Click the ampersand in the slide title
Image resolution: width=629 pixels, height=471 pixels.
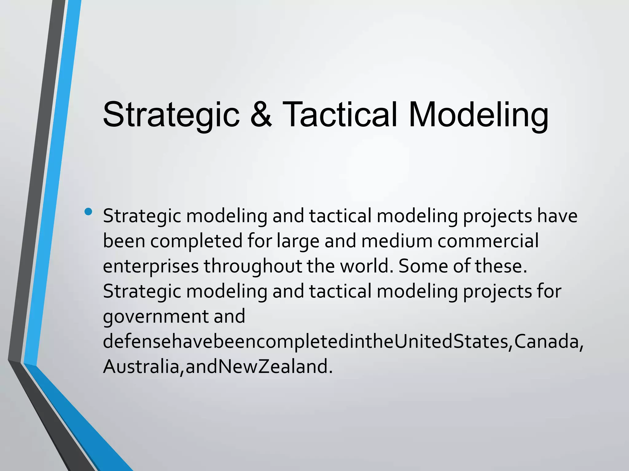(x=261, y=114)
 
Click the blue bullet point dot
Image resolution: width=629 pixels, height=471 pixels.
(x=88, y=211)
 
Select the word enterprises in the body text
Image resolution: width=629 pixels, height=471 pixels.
(x=151, y=266)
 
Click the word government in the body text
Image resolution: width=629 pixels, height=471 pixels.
(x=155, y=316)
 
